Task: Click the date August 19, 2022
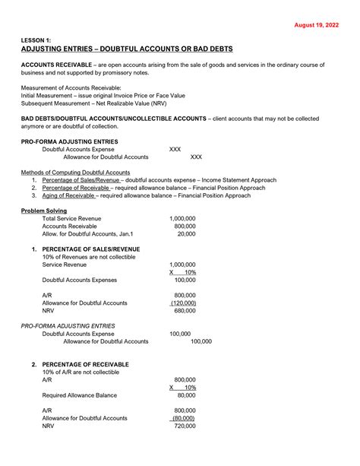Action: [317, 24]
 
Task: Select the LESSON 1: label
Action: [39, 40]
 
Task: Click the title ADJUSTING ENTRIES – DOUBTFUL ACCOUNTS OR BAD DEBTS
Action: [127, 49]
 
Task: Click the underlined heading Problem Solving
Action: [44, 211]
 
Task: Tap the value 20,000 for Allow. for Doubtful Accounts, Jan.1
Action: [186, 234]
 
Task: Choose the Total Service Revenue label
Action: [73, 218]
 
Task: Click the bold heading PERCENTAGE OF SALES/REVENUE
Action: [90, 249]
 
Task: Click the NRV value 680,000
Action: [185, 310]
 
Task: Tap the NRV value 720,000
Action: [185, 426]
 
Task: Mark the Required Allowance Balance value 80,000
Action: [186, 395]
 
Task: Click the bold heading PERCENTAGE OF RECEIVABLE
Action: [85, 365]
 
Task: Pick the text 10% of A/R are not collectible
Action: [81, 372]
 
